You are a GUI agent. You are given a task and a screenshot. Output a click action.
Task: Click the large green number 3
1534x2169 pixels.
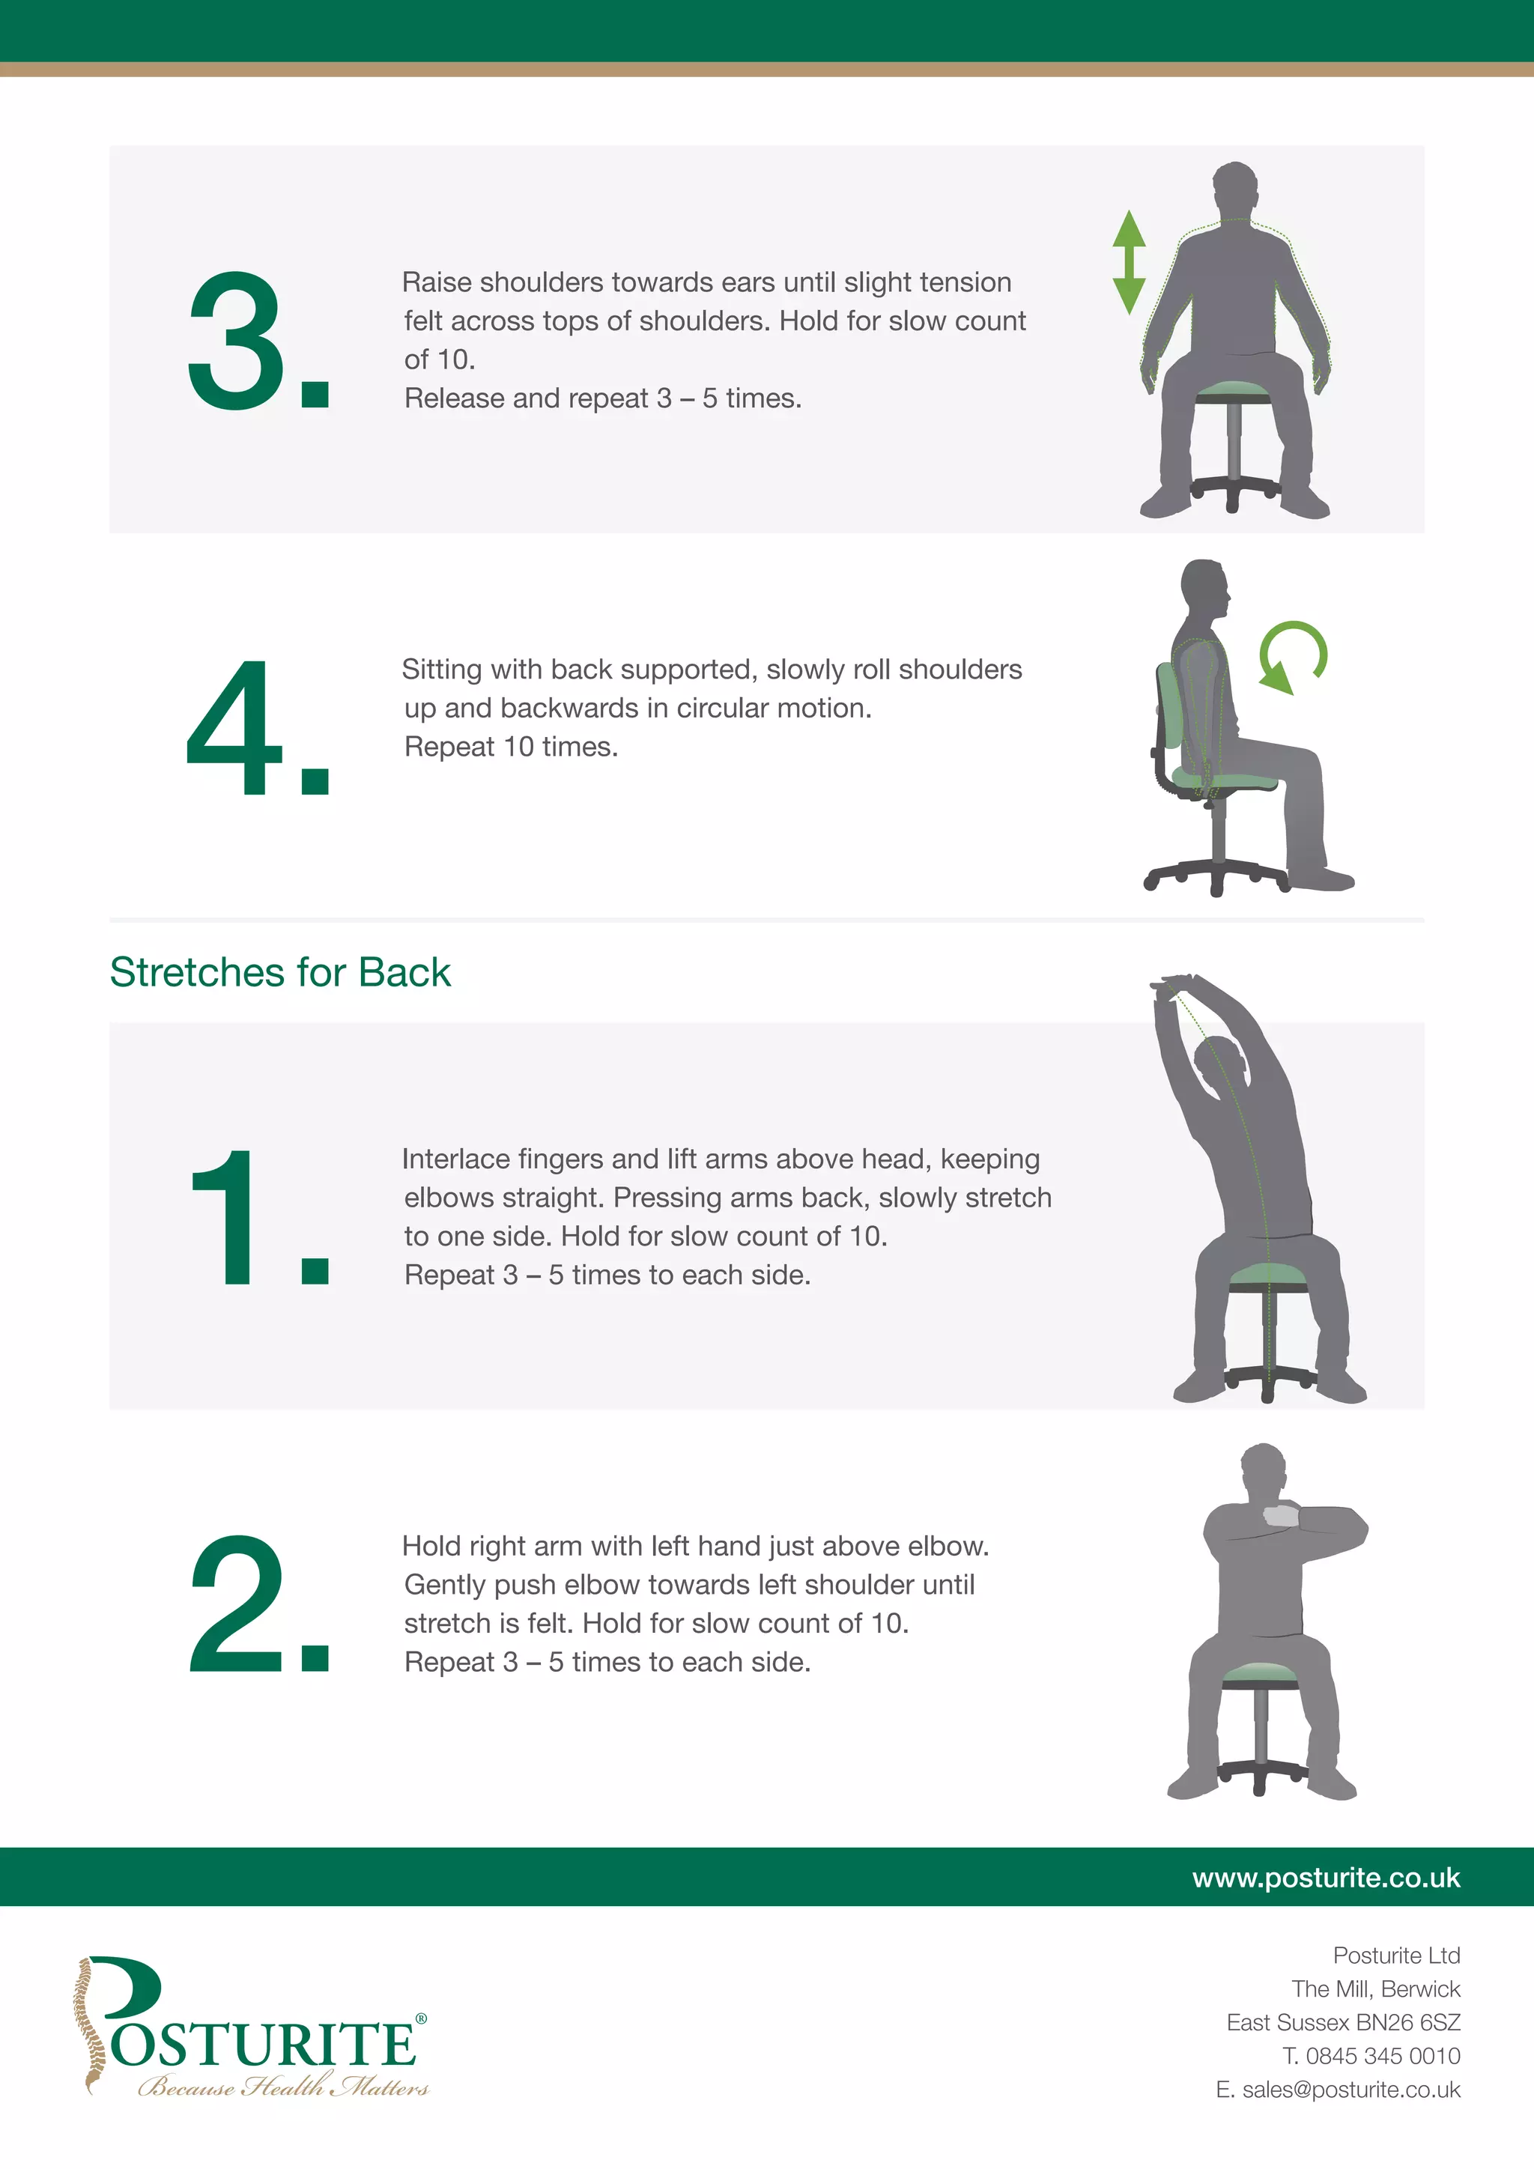236,342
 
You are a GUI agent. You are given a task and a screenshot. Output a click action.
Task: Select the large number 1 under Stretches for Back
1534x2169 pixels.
227,1218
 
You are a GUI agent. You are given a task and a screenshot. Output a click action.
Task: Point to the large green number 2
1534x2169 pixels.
236,1605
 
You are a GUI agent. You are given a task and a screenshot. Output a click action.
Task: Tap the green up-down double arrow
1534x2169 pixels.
1129,261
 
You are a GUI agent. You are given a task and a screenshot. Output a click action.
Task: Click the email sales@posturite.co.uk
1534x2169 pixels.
1350,2090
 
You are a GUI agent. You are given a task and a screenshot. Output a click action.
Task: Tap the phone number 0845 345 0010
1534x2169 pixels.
1382,2056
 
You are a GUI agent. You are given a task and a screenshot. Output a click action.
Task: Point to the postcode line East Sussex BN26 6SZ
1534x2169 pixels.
1342,2022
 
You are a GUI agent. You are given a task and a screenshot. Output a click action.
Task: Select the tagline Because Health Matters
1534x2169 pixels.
283,2087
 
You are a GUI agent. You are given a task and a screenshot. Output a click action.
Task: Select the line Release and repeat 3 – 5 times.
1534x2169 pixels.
603,398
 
